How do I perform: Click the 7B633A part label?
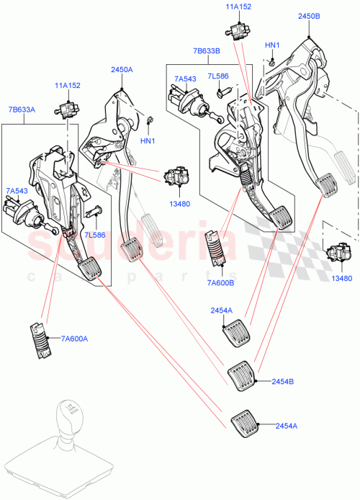22,110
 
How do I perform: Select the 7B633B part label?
207,50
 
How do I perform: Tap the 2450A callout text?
122,70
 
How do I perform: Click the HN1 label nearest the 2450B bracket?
271,45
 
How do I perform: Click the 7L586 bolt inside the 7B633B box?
221,91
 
